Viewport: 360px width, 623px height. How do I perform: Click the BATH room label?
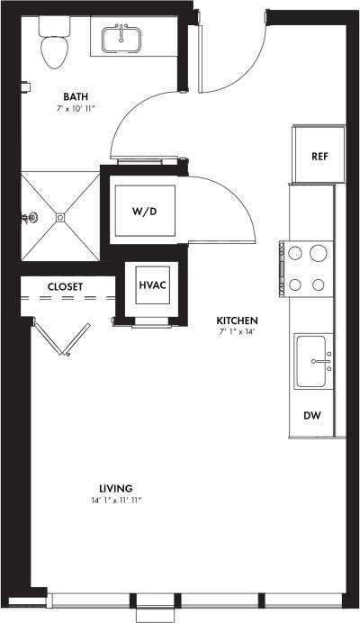pos(76,95)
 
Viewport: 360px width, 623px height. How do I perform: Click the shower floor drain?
pos(60,216)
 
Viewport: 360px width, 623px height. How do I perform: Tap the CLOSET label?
pos(65,287)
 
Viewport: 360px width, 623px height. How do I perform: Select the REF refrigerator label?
pos(319,156)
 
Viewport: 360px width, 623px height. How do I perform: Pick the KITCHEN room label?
pos(238,320)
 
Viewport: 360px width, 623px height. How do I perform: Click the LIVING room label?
pos(116,489)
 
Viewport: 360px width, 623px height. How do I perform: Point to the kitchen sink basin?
pos(314,360)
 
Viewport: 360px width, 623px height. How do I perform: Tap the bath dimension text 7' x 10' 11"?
pos(76,108)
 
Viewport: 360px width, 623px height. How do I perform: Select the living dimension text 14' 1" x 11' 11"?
pos(116,501)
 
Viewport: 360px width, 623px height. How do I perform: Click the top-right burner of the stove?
pos(318,253)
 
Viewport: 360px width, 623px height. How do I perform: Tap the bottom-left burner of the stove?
pos(294,284)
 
